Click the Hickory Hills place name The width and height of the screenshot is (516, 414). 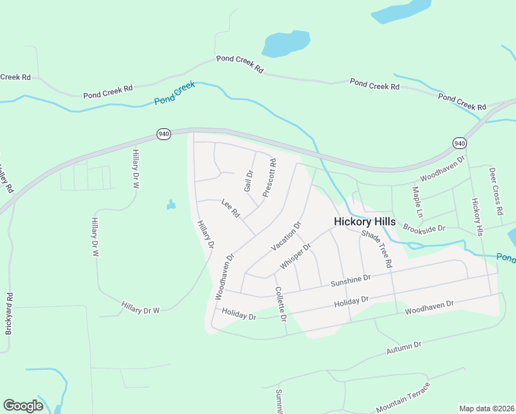click(x=364, y=221)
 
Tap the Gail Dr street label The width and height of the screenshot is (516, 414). click(x=249, y=181)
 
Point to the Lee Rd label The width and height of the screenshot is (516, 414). click(x=230, y=208)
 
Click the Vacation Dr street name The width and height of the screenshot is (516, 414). click(x=286, y=236)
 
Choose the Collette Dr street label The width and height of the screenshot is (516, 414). click(x=280, y=304)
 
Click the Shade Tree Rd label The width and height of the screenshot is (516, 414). click(x=377, y=249)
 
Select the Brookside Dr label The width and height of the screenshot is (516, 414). click(x=424, y=227)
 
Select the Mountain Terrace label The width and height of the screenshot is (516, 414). click(x=403, y=396)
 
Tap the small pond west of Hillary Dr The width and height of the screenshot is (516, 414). click(x=170, y=205)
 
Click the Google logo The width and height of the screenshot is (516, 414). click(x=23, y=405)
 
